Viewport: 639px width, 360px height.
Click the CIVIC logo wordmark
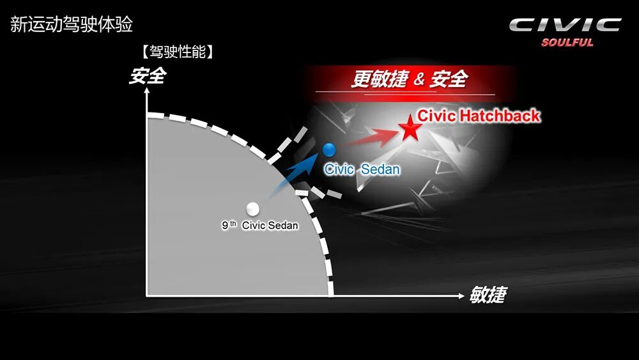[x=565, y=26]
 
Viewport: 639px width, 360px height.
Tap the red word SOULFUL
[x=567, y=43]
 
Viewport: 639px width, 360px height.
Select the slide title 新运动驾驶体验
[x=72, y=26]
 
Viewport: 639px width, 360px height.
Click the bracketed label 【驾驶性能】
[x=178, y=52]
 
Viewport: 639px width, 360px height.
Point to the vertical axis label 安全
[x=147, y=76]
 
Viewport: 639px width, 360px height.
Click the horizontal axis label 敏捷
[x=488, y=295]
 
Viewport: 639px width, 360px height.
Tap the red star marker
[x=410, y=130]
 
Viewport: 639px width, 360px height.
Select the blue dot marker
[x=329, y=150]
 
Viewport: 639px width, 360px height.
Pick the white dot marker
[x=252, y=208]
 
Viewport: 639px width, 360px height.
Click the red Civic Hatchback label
[x=479, y=116]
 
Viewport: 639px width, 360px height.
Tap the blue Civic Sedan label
[x=362, y=169]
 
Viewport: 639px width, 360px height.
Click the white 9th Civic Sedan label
[x=260, y=225]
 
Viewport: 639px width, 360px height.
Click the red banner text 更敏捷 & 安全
[x=409, y=79]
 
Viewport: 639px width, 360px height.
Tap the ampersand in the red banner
[x=419, y=80]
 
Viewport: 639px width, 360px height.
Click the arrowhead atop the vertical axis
[x=147, y=91]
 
